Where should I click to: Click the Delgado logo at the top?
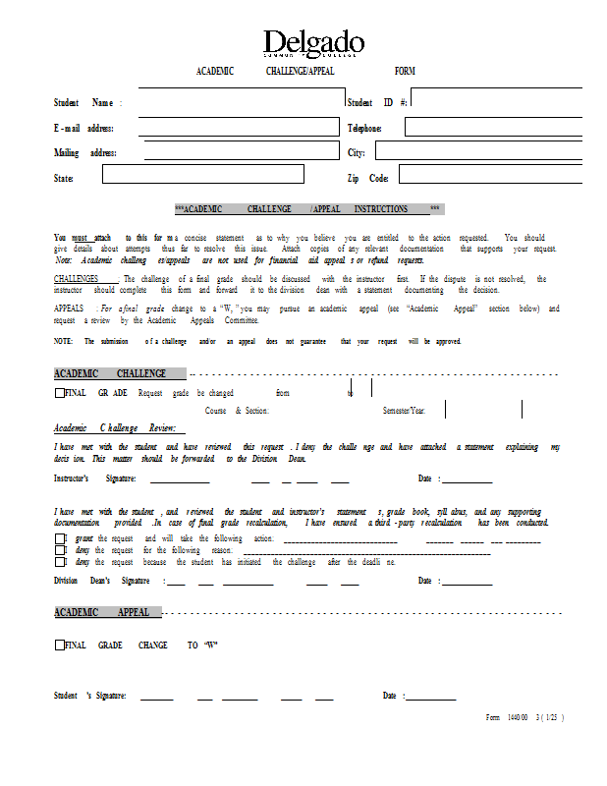313,44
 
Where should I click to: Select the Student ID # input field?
496,102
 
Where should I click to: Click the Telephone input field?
493,128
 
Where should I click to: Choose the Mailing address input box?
241,152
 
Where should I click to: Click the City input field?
478,152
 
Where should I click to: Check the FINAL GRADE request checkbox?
59,393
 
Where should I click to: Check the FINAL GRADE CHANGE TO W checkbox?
59,646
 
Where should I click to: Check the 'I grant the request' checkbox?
59,539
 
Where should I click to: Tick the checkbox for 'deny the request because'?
59,563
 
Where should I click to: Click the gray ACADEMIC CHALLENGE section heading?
119,374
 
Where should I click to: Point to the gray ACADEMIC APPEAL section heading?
106,613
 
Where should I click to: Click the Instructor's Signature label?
94,479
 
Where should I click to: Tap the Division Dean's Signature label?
107,582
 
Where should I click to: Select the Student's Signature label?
89,697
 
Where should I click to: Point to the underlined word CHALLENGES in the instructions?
86,279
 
